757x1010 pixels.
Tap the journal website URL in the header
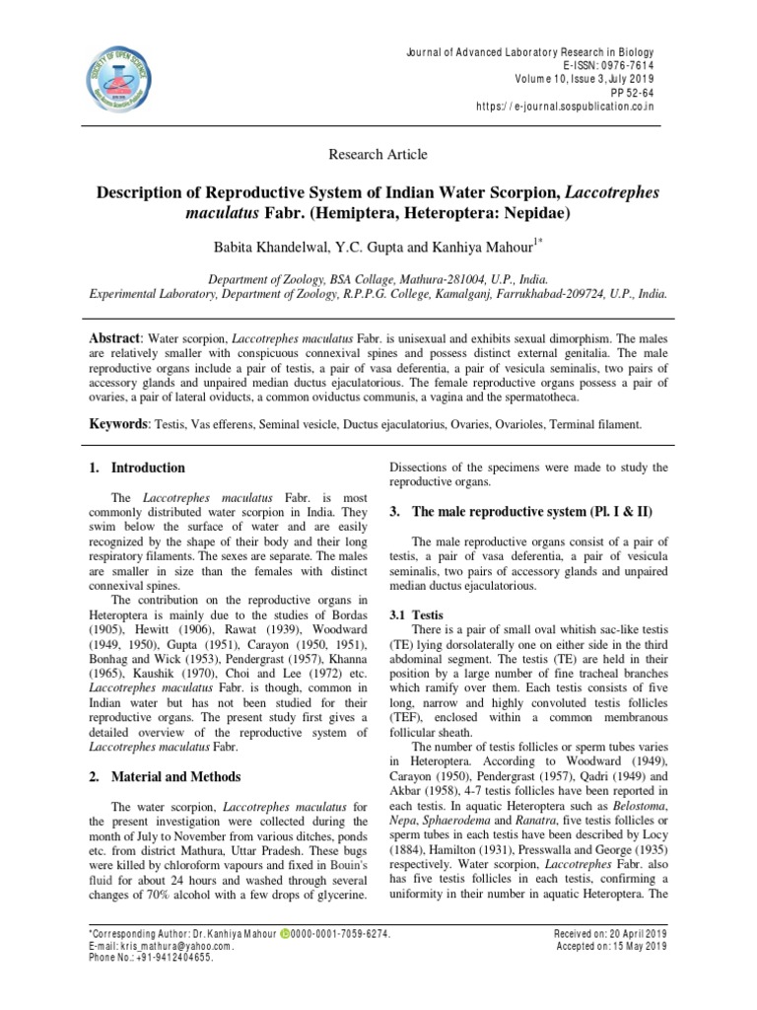[x=564, y=107]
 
